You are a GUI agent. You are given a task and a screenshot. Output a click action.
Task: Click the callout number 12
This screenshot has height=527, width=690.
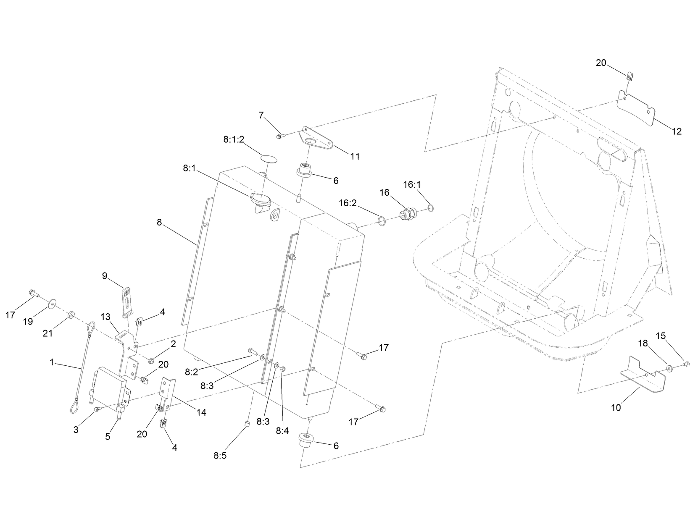coord(676,131)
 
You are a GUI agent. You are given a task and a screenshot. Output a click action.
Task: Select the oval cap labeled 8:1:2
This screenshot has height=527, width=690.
coord(270,159)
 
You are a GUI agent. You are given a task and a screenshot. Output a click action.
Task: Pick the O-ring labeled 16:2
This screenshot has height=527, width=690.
coord(382,221)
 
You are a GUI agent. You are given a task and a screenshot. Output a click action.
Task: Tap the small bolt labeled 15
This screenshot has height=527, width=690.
coord(686,364)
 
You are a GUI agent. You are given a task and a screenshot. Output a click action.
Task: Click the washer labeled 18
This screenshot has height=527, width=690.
coord(669,368)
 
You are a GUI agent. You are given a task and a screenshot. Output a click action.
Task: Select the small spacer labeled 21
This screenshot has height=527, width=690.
coord(71,314)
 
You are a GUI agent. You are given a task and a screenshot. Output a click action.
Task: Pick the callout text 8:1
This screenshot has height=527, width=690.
coord(190,168)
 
